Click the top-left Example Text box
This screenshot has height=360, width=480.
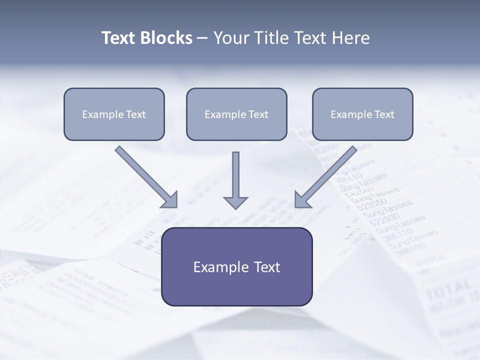point(114,114)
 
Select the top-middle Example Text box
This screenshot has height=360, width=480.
point(236,114)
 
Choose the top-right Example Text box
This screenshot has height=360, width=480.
point(362,114)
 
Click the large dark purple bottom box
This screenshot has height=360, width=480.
point(236,267)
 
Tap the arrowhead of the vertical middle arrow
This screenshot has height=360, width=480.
point(235,202)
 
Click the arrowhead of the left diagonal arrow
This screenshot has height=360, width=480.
point(170,199)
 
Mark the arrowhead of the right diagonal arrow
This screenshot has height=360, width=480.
point(303,199)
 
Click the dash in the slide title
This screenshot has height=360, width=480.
point(202,38)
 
